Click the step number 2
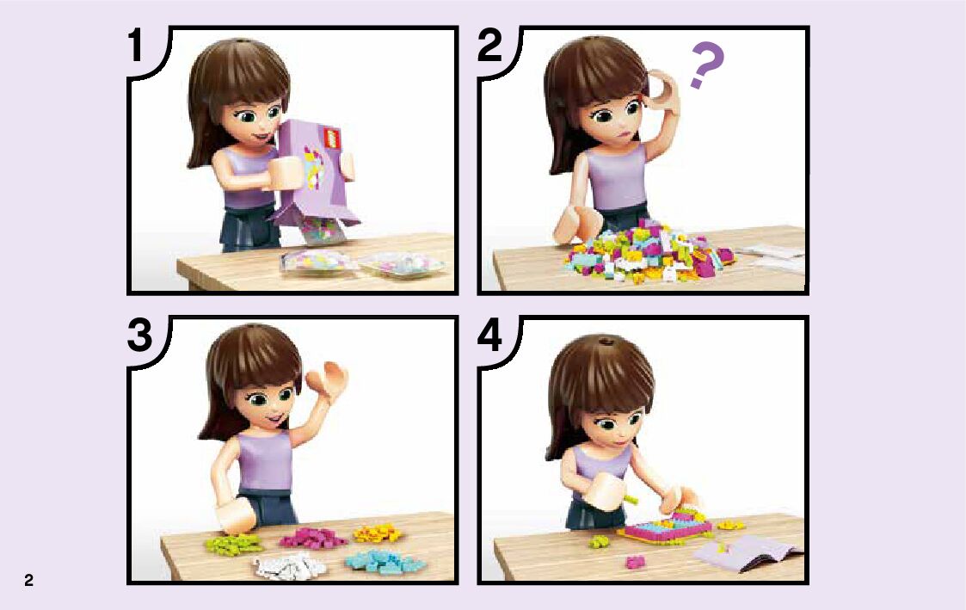[489, 46]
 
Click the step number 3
[140, 336]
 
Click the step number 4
[489, 336]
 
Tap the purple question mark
[706, 65]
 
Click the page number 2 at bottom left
[28, 580]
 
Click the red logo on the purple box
[333, 138]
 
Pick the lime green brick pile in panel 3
[233, 542]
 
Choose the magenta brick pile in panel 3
[314, 538]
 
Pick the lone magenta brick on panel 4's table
[635, 562]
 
